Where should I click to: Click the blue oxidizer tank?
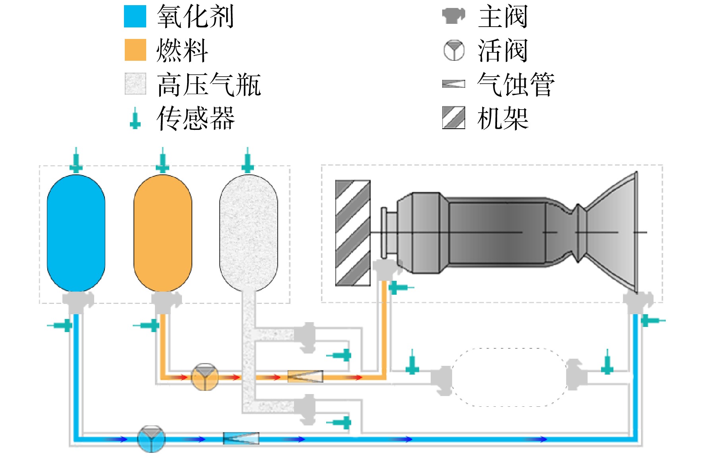coord(76,233)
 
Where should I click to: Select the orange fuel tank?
coord(163,233)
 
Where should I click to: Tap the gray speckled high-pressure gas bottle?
coord(249,233)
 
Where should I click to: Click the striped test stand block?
coord(353,233)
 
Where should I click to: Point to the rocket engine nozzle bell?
coord(610,232)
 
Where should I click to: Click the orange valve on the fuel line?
coord(205,377)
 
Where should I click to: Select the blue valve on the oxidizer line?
coord(151,439)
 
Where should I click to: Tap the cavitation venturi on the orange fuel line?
coord(305,376)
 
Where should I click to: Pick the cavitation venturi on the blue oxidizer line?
coord(241,438)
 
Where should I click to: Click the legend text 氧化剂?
coord(195,17)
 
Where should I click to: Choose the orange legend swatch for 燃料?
coord(135,50)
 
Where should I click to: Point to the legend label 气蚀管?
coord(516,84)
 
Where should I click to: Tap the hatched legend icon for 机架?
coord(454,118)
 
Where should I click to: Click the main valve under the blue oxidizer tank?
coord(78,303)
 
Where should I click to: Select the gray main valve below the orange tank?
coord(165,303)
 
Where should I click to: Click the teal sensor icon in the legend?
coord(135,118)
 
